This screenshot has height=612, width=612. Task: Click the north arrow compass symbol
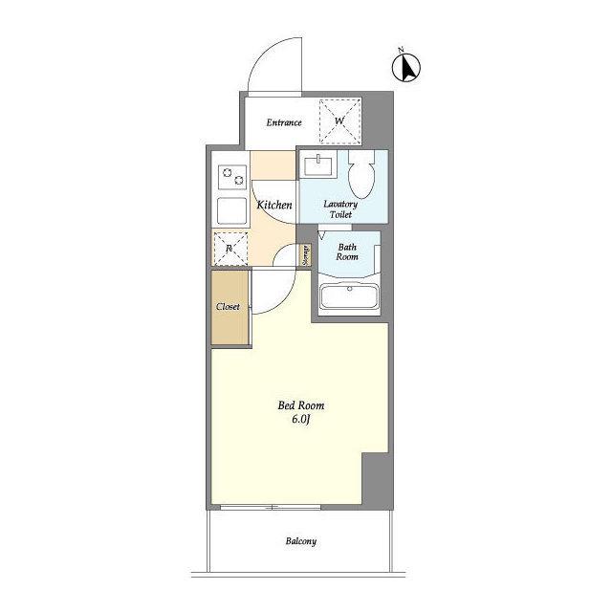click(x=405, y=67)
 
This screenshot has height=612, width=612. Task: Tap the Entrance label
click(x=284, y=122)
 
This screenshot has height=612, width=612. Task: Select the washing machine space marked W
click(x=339, y=121)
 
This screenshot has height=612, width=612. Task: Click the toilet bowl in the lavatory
click(x=361, y=175)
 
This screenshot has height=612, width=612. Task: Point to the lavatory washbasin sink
click(x=318, y=165)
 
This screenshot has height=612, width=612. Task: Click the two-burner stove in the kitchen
click(x=232, y=177)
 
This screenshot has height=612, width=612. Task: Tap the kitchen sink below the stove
click(x=231, y=211)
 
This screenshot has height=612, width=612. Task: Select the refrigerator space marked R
click(x=230, y=249)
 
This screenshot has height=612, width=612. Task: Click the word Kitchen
click(x=274, y=205)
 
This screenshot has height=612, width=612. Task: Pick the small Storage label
click(x=306, y=255)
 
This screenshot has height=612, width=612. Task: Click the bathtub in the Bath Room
click(x=349, y=296)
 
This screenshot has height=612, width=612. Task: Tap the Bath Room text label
click(x=347, y=251)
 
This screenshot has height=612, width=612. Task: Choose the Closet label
click(x=228, y=307)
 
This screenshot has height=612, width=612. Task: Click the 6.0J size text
click(x=301, y=419)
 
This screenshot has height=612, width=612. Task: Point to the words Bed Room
click(x=301, y=405)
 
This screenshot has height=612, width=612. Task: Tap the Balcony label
click(x=301, y=541)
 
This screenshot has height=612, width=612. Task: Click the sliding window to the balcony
click(x=270, y=507)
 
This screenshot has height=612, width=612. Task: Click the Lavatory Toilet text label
click(x=340, y=209)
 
